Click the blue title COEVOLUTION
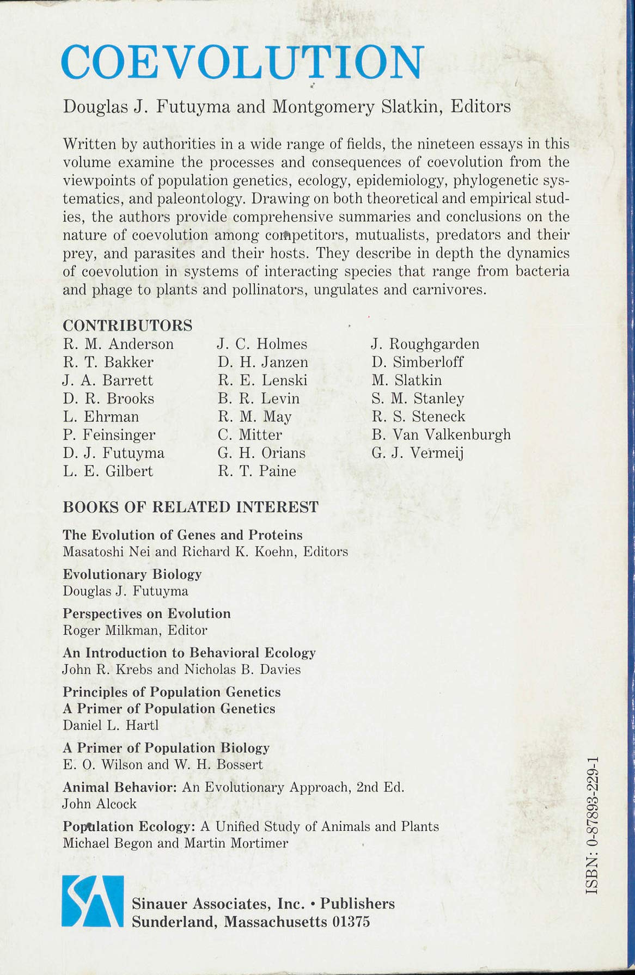point(242,63)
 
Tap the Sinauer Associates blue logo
point(92,902)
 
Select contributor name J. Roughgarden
point(425,344)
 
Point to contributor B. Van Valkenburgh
point(441,434)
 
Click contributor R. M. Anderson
point(118,344)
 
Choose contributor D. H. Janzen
point(262,362)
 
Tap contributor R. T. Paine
point(257,471)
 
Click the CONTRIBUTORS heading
point(127,326)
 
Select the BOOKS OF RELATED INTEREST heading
point(191,507)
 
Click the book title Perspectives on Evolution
point(146,614)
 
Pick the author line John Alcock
point(99,804)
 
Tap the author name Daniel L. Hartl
point(111,725)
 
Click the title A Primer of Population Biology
point(166,748)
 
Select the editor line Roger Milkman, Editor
point(135,630)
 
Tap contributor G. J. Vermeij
point(417,453)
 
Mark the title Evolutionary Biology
point(132,574)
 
